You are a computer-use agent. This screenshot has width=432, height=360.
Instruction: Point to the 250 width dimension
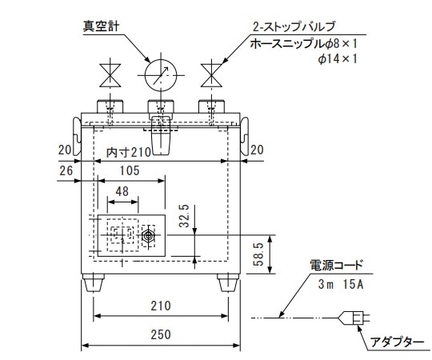[161, 335]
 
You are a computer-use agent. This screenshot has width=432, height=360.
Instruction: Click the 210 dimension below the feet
[161, 305]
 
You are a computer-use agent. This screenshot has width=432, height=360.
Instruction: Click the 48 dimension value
[122, 192]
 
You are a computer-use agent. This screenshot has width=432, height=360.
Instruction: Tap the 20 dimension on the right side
[257, 149]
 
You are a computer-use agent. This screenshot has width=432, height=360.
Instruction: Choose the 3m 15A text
[342, 283]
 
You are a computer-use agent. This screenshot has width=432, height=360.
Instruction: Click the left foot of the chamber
[94, 283]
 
